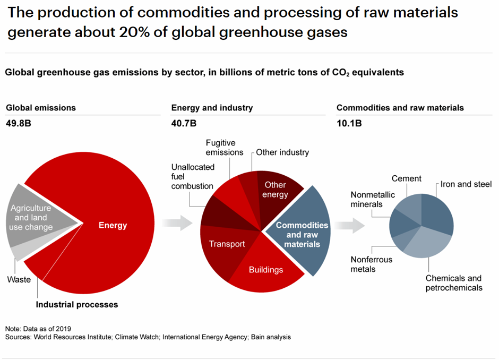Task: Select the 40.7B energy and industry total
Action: tap(184, 124)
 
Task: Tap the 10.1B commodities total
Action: tap(349, 124)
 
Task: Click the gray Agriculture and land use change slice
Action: tap(32, 218)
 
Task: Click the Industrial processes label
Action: tap(76, 304)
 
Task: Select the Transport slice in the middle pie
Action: tap(227, 244)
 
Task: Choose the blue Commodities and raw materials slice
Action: tap(302, 234)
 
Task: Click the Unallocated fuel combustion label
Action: tap(193, 176)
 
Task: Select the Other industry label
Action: tap(282, 152)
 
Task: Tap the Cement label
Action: tap(407, 179)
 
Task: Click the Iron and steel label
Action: tap(466, 184)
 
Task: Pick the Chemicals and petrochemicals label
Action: tap(453, 283)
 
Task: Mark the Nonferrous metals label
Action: tap(371, 264)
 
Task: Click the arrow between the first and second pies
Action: tap(178, 223)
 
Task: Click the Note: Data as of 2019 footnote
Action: tap(38, 329)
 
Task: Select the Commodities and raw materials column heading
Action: tap(400, 108)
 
